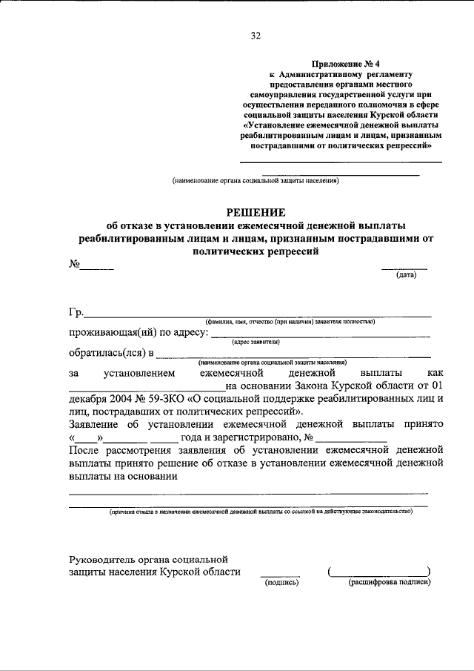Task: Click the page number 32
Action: tap(256, 35)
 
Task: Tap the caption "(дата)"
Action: tap(406, 275)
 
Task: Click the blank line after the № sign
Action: tap(97, 267)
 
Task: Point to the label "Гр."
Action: tap(76, 312)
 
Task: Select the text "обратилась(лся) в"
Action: tap(112, 352)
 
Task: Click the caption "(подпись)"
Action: tap(281, 583)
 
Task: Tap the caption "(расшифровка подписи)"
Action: tap(390, 583)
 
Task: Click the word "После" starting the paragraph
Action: tap(83, 449)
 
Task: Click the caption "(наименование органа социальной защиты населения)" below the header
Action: tap(255, 180)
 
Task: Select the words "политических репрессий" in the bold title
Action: tap(255, 251)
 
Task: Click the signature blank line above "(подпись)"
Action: tap(280, 575)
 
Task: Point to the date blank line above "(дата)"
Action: tap(404, 268)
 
